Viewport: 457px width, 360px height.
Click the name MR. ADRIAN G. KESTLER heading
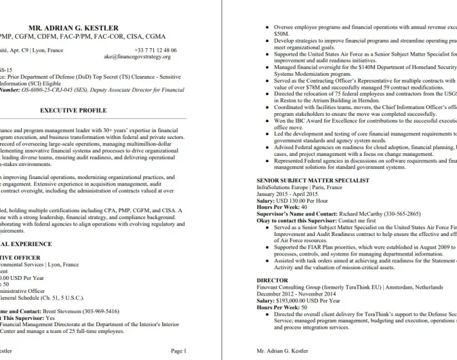[x=73, y=28]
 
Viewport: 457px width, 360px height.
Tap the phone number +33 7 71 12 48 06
[x=155, y=50]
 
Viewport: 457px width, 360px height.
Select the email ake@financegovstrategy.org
[x=137, y=56]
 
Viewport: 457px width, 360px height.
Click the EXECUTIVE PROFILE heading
[x=73, y=110]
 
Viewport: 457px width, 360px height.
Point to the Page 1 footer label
[x=178, y=351]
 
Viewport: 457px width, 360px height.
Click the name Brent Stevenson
[x=65, y=311]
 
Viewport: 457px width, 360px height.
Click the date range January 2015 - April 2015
[x=287, y=193]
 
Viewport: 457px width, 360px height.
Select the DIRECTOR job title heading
[x=272, y=280]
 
